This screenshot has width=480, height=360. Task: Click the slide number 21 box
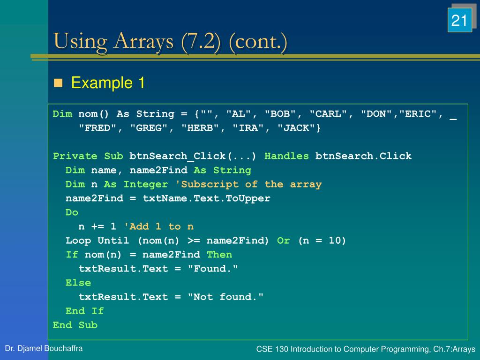459,20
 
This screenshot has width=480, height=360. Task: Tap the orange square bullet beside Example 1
58,83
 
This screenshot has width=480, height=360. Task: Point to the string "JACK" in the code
299,128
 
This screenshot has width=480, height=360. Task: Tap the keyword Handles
287,156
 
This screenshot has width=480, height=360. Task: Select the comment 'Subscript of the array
248,184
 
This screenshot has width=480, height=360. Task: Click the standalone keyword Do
72,212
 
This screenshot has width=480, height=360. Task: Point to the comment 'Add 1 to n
158,226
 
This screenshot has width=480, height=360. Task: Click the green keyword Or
284,240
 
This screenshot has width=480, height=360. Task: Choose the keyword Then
219,255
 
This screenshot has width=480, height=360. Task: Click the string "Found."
213,269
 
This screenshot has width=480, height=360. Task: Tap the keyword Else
78,283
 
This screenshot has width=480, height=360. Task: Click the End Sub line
75,325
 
